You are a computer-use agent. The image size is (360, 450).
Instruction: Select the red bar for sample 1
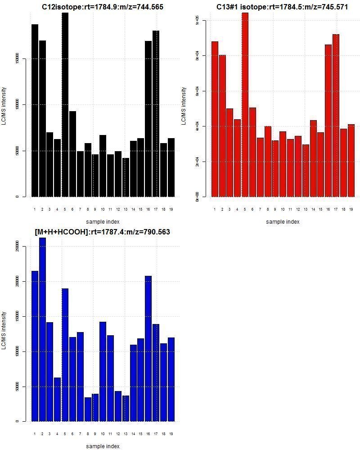[x=215, y=119]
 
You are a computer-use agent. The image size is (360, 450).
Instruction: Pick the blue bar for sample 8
[x=88, y=409]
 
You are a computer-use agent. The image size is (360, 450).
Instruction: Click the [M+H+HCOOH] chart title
[x=102, y=232]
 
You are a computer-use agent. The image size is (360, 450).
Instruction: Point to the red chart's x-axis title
[x=283, y=221]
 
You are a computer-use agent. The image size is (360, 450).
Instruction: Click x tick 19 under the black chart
[x=171, y=209]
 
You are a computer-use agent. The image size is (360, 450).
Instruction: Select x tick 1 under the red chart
[x=215, y=209]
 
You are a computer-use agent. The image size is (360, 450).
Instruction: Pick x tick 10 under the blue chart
[x=103, y=434]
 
